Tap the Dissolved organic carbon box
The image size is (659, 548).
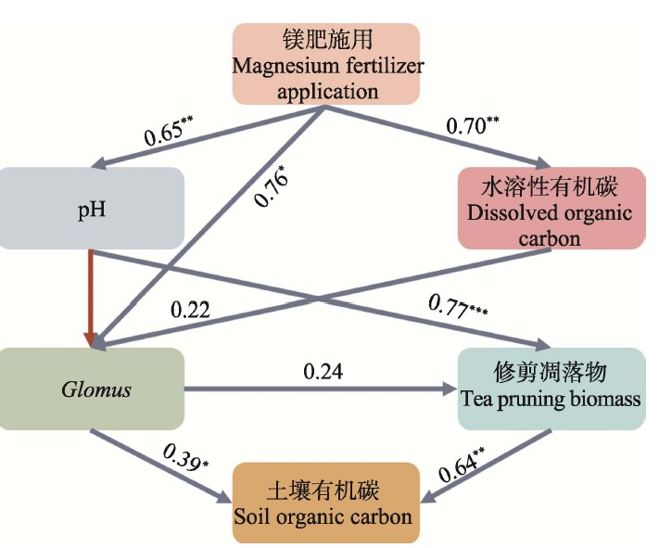(550, 209)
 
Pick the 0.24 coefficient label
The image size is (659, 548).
(324, 371)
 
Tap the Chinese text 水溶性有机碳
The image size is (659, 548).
(550, 184)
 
